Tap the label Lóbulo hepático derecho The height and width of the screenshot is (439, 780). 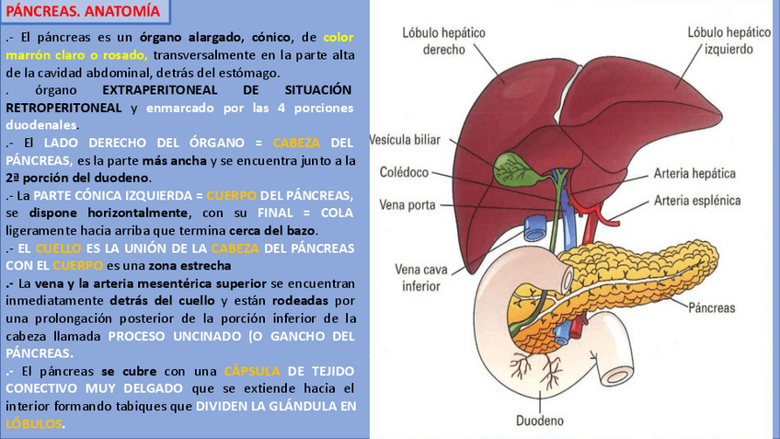click(x=443, y=40)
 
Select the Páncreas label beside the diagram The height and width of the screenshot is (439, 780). click(x=714, y=309)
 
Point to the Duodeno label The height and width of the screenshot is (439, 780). click(x=541, y=422)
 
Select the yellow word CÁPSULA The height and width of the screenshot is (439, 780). click(x=248, y=371)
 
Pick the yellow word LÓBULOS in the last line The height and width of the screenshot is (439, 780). click(x=35, y=423)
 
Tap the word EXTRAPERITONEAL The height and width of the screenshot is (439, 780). click(x=162, y=90)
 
